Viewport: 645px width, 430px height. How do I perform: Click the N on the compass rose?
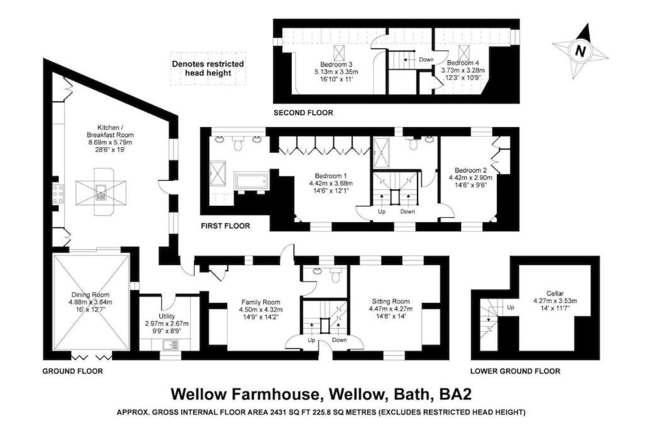[580, 52]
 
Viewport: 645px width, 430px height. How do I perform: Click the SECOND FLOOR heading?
[303, 113]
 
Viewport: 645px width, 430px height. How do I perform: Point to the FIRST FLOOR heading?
[225, 225]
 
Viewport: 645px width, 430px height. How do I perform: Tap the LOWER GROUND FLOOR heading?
[515, 371]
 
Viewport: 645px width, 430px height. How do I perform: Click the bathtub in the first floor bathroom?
[251, 181]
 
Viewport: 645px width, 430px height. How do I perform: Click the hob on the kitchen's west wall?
[58, 194]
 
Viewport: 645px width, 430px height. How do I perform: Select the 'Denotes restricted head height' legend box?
[208, 69]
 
